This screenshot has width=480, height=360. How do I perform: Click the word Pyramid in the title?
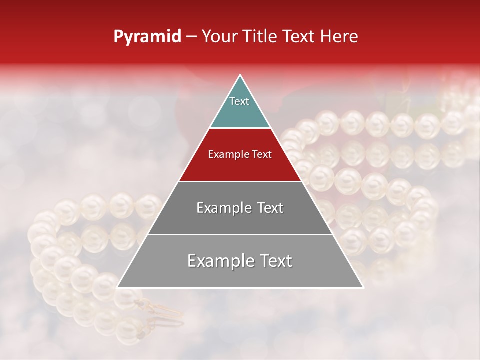(x=147, y=37)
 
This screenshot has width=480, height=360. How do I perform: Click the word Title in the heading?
(x=260, y=37)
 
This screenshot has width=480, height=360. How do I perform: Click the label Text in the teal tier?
(x=239, y=101)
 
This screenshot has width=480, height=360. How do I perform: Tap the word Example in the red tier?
(x=226, y=155)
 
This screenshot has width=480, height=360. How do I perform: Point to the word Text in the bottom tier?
(x=274, y=261)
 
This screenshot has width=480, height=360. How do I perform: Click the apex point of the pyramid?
(x=240, y=75)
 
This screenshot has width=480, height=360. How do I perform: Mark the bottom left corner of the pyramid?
(x=117, y=287)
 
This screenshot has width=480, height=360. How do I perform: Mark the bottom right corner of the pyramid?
(x=363, y=287)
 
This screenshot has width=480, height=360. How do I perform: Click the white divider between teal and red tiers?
(x=240, y=128)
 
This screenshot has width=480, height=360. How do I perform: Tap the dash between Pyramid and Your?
(x=191, y=37)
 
